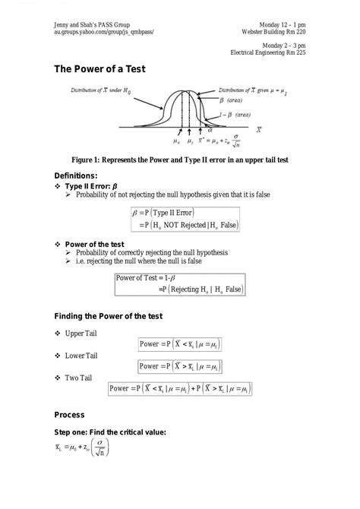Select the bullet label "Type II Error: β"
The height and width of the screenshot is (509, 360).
tap(91, 185)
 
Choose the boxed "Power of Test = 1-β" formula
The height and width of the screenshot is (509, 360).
tap(179, 283)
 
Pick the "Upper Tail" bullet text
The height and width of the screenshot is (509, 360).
tap(85, 334)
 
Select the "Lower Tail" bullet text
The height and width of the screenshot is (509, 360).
tap(86, 356)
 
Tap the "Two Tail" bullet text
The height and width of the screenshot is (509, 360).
tap(82, 378)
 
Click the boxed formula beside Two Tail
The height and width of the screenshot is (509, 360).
tap(180, 389)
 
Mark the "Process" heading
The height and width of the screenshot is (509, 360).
tap(69, 415)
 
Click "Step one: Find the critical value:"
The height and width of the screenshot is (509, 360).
tap(110, 432)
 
